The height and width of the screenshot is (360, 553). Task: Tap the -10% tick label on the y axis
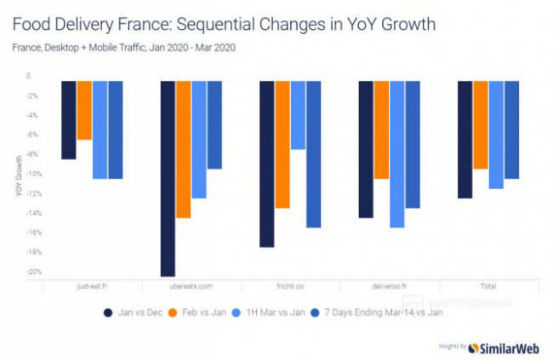tap(33, 174)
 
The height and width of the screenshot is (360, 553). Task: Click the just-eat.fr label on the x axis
tap(92, 286)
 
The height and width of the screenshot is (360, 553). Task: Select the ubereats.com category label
tap(191, 286)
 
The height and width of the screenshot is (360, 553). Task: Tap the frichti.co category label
tap(291, 286)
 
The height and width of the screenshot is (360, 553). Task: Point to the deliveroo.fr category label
tap(390, 286)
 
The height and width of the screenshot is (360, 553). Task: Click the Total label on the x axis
tap(488, 286)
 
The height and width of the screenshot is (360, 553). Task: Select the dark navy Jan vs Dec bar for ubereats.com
tap(168, 179)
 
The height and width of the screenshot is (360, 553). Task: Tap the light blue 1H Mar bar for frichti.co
tap(298, 115)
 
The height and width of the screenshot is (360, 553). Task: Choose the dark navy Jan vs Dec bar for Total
tap(465, 140)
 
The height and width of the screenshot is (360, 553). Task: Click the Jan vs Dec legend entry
tap(135, 312)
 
